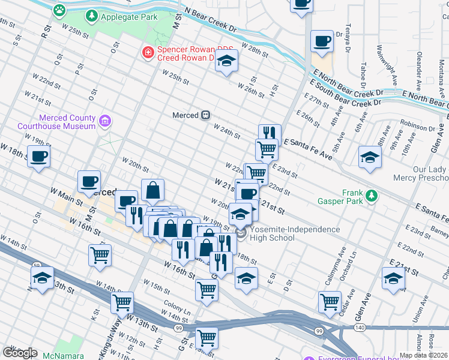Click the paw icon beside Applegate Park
pos(59,10)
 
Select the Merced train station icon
pos(205,115)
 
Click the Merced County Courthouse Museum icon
pos(104,122)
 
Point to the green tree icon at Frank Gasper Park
pos(372,195)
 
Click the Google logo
pos(19,353)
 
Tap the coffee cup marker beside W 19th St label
pos(39,157)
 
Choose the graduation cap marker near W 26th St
pos(226,61)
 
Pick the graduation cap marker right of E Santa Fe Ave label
pos(370,158)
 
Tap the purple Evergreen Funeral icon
pos(309,358)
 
